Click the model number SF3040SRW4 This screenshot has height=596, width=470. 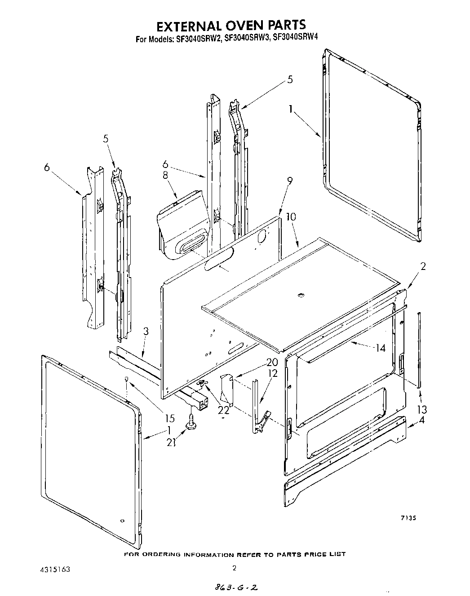pos(293,39)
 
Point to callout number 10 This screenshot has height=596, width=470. pos(291,216)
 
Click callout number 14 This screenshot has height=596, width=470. pos(381,347)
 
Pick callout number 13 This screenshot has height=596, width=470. pos(422,409)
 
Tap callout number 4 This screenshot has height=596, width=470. pos(422,421)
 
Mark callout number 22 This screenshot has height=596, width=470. pos(223,410)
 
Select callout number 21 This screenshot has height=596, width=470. pos(171,442)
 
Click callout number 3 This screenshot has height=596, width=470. pos(146,332)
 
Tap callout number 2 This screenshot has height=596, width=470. pos(423,266)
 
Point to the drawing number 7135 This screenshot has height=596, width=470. pos(408,518)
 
